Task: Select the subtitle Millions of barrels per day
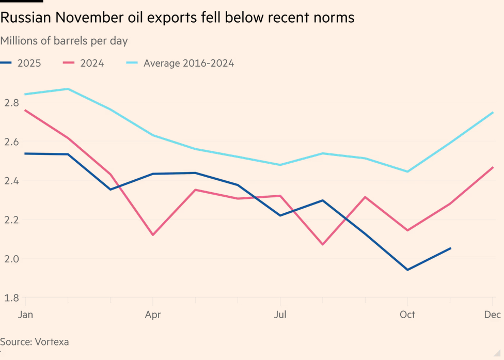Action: coord(64,40)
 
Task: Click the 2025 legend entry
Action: coord(29,64)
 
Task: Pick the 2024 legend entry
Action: coord(92,64)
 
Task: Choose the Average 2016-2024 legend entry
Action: coord(188,64)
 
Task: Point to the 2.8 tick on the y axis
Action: coord(11,103)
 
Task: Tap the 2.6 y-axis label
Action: coord(11,142)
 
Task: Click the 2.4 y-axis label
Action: coord(11,181)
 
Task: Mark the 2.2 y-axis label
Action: coord(11,220)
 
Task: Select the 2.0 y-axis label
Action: coord(11,259)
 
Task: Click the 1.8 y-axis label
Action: coord(11,298)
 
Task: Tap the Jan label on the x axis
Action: coord(26,315)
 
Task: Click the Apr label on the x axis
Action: coord(152,315)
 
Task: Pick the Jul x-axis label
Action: coord(280,315)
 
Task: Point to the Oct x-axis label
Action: coord(407,315)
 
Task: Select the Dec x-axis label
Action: coord(491,315)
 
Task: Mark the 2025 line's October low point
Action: coord(408,270)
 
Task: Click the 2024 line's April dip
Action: coord(153,235)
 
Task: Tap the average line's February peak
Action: coord(68,89)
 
